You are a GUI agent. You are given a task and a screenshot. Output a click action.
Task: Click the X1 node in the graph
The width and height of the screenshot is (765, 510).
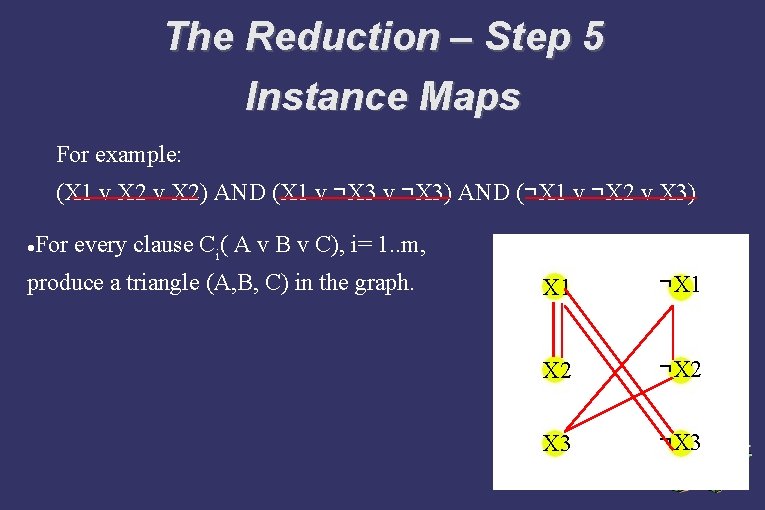556,288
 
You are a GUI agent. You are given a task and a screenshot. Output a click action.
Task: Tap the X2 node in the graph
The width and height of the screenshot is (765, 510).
556,370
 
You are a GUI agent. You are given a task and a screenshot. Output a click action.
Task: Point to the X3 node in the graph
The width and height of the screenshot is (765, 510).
556,443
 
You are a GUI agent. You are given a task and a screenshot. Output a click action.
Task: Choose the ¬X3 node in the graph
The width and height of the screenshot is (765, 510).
681,442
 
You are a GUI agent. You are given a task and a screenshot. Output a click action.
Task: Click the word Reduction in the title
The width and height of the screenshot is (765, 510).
342,37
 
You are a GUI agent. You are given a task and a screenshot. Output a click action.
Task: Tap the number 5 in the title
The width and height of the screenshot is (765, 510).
592,37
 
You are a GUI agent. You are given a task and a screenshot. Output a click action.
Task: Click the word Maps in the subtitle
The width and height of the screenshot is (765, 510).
475,97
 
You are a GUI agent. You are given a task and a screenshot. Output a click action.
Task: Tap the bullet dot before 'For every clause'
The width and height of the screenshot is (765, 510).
33,245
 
